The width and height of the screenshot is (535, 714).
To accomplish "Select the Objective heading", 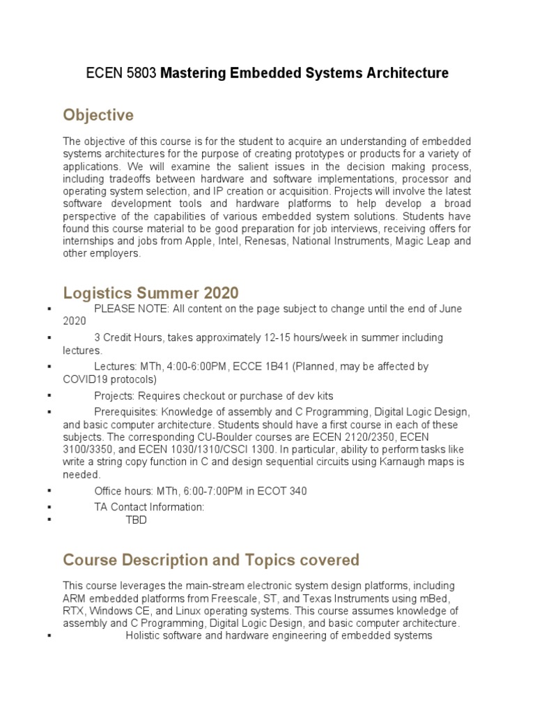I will pyautogui.click(x=98, y=114).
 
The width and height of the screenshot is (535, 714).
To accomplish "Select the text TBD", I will pyautogui.click(x=136, y=520).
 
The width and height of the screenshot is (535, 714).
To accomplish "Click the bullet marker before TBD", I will pyautogui.click(x=49, y=521).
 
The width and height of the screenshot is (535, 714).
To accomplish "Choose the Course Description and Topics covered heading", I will pyautogui.click(x=211, y=561).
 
